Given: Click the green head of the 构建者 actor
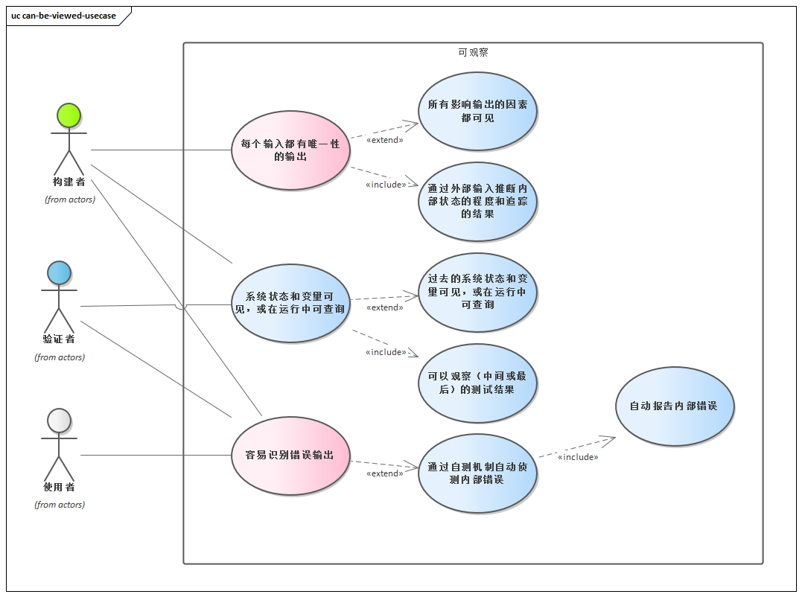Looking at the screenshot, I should (x=69, y=115).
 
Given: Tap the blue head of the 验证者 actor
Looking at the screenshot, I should (x=59, y=272).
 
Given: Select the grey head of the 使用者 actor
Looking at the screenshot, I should (x=59, y=421).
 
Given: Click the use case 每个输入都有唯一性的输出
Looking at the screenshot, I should (x=290, y=150).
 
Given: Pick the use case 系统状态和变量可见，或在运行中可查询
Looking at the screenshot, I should (x=290, y=302).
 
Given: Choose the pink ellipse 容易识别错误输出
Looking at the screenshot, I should (x=290, y=455).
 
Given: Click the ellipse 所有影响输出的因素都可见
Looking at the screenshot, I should (x=477, y=112).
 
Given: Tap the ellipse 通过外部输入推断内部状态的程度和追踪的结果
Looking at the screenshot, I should (x=477, y=201).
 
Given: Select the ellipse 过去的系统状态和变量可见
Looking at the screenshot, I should (x=477, y=292).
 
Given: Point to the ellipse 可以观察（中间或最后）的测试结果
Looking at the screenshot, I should (x=477, y=383).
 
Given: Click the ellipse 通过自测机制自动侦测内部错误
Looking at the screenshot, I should (x=477, y=473).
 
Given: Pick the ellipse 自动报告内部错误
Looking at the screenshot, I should (x=675, y=406).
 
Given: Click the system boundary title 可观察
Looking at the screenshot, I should (x=473, y=53).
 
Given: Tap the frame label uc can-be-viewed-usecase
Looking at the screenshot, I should (x=64, y=16).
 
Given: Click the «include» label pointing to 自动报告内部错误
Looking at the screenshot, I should (x=578, y=457).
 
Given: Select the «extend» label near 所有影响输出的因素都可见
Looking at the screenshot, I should (x=385, y=140).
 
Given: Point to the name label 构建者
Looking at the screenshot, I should (x=69, y=182).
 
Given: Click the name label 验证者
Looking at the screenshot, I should (x=59, y=339).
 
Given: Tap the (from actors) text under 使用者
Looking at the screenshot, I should (x=60, y=505).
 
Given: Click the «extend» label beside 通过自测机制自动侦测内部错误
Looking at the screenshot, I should (x=385, y=473).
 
